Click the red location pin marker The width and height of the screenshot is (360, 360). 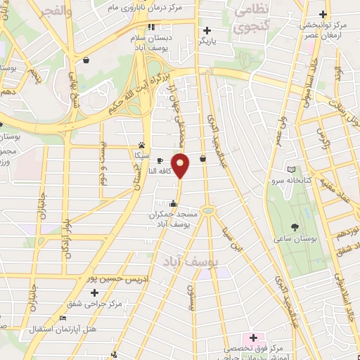click(x=181, y=167)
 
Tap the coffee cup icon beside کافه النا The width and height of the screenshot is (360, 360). click(x=160, y=160)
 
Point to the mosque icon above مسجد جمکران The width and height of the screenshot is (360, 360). click(x=173, y=204)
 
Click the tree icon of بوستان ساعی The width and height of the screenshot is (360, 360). click(x=295, y=227)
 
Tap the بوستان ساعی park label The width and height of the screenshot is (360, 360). click(x=295, y=240)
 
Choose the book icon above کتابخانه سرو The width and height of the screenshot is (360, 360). click(x=292, y=169)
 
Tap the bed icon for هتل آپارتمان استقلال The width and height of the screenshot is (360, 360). click(x=63, y=318)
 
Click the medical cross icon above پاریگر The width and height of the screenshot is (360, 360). click(x=207, y=30)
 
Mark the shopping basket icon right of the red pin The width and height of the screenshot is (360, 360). click(x=202, y=159)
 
